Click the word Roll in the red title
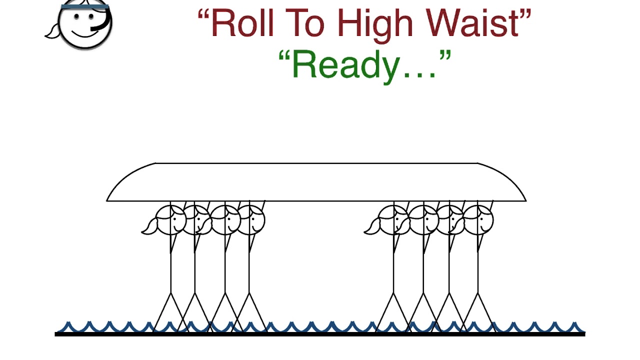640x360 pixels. pyautogui.click(x=242, y=23)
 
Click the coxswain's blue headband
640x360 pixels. pyautogui.click(x=85, y=6)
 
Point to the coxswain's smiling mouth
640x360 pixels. pyautogui.click(x=84, y=33)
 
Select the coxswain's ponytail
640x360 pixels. pyautogui.click(x=52, y=31)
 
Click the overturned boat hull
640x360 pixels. pyautogui.click(x=316, y=182)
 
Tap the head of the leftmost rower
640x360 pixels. pyautogui.click(x=170, y=220)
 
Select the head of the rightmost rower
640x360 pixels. pyautogui.click(x=478, y=220)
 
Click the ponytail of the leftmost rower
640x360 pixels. pyautogui.click(x=149, y=227)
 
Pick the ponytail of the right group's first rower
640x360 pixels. pyautogui.click(x=372, y=227)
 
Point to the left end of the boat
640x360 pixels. pyautogui.click(x=107, y=201)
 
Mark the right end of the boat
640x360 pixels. pyautogui.click(x=526, y=201)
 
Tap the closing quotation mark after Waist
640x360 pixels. pyautogui.click(x=525, y=14)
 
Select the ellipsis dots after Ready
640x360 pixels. pyautogui.click(x=419, y=75)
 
